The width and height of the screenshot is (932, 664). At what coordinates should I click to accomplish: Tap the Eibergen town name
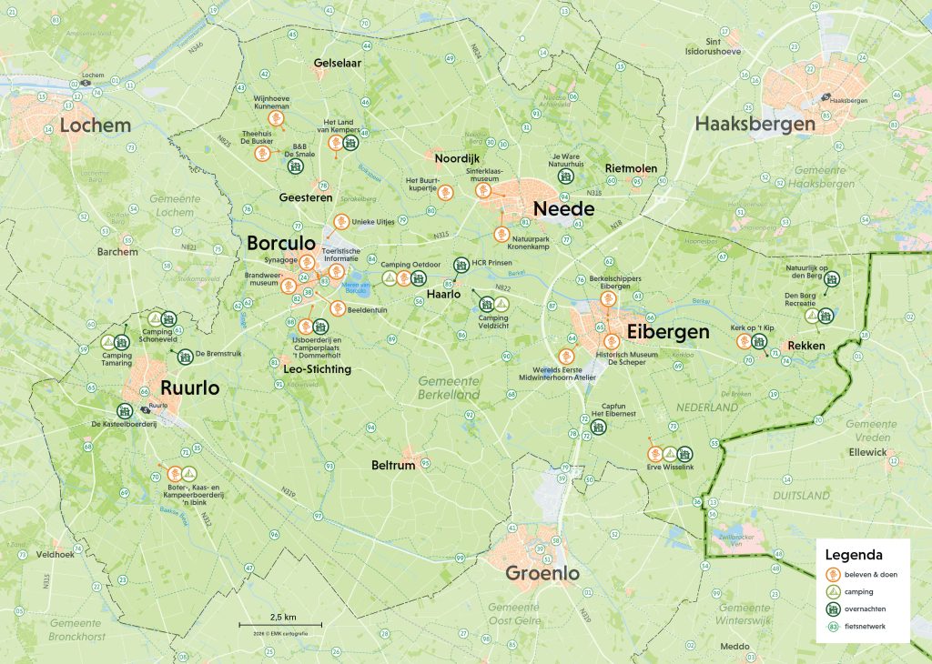click(666, 332)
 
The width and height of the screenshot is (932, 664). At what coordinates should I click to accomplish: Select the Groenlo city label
click(542, 574)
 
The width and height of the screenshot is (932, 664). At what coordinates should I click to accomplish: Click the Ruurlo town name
click(190, 387)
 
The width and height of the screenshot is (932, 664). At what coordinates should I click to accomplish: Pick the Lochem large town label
click(96, 125)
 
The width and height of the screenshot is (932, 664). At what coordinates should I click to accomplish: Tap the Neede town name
click(563, 209)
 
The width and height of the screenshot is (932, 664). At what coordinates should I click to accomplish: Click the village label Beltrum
click(393, 465)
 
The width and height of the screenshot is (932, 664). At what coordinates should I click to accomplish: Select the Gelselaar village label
click(338, 64)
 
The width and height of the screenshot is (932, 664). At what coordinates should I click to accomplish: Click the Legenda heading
click(854, 554)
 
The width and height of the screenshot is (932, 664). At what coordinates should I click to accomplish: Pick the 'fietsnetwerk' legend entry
click(867, 626)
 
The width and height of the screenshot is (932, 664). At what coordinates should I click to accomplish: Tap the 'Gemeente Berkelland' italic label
click(449, 387)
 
